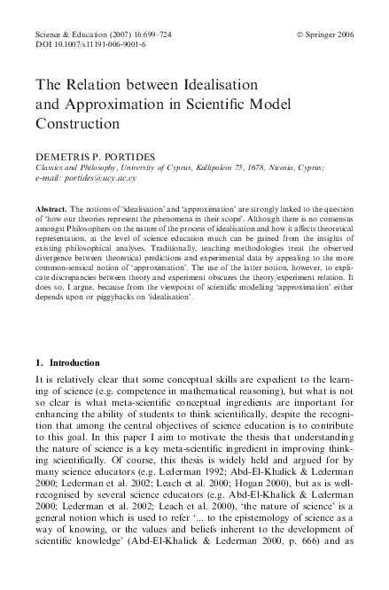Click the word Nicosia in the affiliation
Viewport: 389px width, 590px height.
click(x=284, y=167)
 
